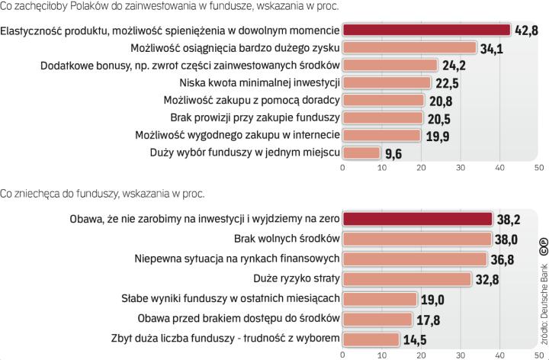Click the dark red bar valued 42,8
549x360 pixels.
click(426, 31)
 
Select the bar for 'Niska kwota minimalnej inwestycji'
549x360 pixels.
click(387, 83)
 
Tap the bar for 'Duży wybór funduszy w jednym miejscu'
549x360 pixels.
click(361, 153)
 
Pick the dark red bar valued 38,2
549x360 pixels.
click(417, 219)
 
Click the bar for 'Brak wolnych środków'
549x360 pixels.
click(417, 239)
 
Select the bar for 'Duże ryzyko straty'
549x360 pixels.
click(407, 278)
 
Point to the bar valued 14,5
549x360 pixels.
click(371, 338)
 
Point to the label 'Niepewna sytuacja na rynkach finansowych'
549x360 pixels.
click(236, 259)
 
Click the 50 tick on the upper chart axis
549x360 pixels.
click(539, 167)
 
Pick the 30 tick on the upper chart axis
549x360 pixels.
click(461, 167)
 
